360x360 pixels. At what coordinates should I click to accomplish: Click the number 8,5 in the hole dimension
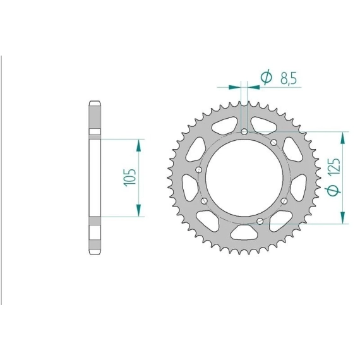(289, 78)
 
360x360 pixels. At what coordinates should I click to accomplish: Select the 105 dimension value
(130, 177)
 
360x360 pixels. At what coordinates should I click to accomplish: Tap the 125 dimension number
(334, 167)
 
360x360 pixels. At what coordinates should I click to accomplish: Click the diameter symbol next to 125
(333, 190)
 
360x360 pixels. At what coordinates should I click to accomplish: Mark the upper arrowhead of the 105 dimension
(138, 145)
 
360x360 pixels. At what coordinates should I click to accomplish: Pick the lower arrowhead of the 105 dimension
(138, 210)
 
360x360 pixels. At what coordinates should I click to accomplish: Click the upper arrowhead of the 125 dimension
(343, 138)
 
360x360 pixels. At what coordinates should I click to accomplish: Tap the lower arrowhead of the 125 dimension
(343, 217)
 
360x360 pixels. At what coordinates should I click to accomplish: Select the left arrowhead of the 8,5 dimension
(235, 87)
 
